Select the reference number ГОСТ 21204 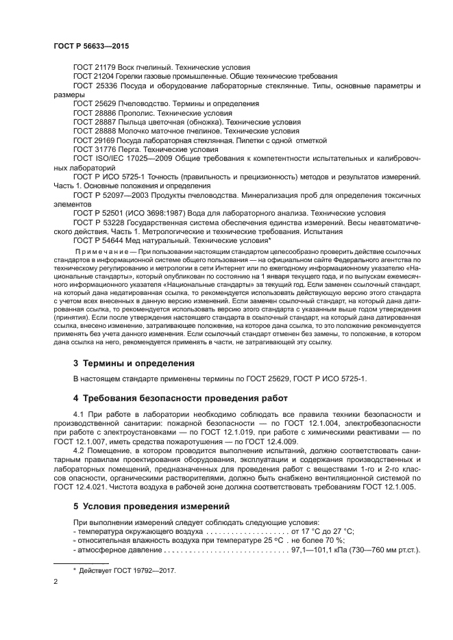pyautogui.click(x=94, y=77)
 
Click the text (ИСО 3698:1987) pyautogui.click(x=164, y=213)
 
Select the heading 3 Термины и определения pyautogui.click(x=134, y=362)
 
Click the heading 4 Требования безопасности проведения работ pyautogui.click(x=177, y=398)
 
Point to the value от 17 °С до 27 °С pyautogui.click(x=322, y=532)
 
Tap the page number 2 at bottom pyautogui.click(x=56, y=582)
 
